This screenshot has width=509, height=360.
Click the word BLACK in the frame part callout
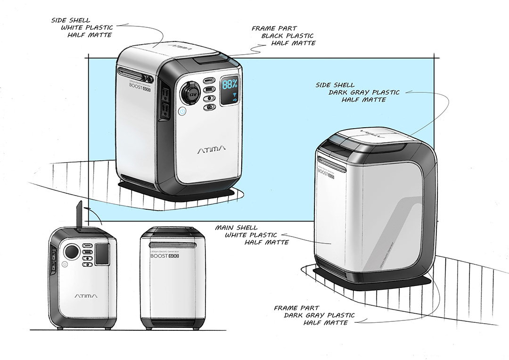(275, 36)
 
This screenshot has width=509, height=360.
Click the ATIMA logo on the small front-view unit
(86, 296)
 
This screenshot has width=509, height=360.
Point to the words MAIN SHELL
(236, 228)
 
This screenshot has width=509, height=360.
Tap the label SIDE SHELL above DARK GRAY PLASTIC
(336, 85)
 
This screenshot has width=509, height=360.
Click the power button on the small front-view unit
(64, 265)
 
